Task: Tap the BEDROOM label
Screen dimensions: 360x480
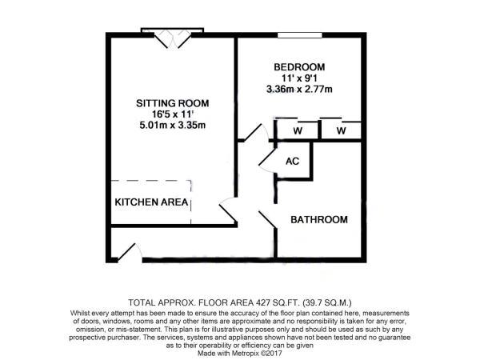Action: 301,67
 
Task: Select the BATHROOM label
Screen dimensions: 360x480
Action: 319,219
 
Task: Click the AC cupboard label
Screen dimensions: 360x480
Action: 293,161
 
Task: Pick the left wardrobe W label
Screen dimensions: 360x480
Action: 297,130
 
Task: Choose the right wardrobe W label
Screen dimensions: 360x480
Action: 342,130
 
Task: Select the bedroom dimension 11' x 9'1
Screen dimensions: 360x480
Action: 301,79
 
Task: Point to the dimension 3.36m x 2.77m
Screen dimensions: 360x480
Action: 301,91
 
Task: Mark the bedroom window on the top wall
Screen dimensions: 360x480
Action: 300,35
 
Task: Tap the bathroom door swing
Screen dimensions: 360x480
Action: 266,219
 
